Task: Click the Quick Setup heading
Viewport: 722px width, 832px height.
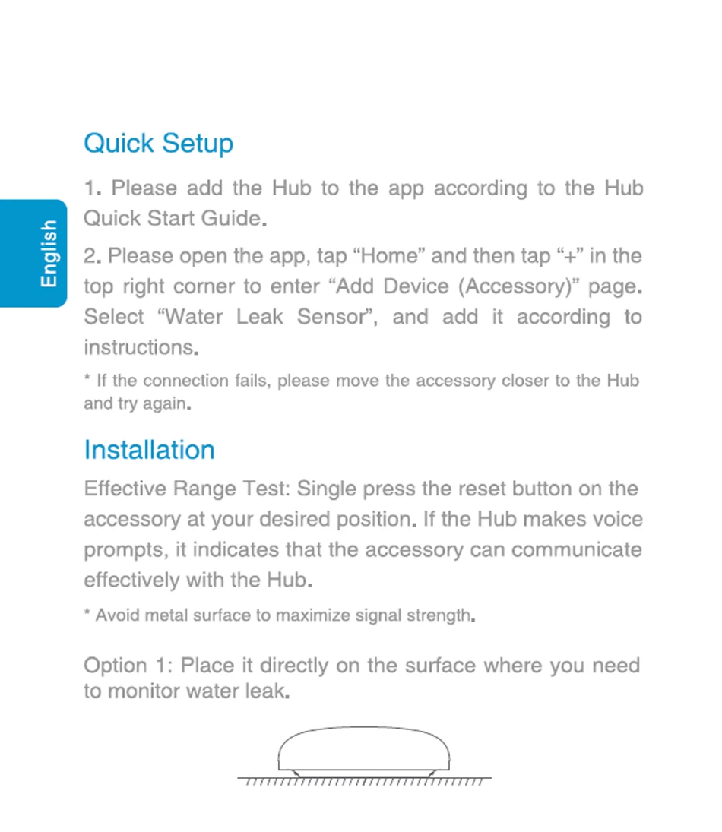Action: pos(158,144)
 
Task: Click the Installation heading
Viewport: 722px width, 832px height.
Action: pos(149,450)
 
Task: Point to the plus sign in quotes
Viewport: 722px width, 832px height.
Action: pos(565,256)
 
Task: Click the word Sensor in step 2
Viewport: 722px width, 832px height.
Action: pos(331,317)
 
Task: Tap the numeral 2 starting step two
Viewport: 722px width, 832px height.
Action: pos(90,256)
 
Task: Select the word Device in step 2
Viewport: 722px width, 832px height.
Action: pos(416,286)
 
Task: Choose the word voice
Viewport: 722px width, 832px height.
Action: pos(616,519)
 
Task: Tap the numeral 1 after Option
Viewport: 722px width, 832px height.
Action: pos(160,666)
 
